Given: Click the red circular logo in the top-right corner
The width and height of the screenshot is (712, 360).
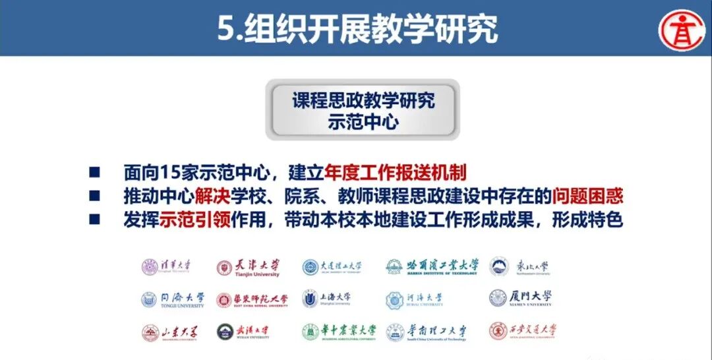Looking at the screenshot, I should pos(683,29).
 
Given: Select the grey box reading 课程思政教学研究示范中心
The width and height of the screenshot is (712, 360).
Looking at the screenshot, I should pos(363,110).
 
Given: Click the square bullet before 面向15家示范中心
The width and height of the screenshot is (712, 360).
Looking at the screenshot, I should pos(95,173).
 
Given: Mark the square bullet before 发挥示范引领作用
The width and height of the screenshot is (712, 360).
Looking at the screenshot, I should pos(95,220).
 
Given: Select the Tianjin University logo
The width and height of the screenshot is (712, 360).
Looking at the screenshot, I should pos(248,267).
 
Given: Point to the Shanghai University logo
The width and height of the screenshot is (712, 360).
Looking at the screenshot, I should pos(327,299).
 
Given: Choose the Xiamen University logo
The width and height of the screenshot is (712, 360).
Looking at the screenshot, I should pos(521,299).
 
